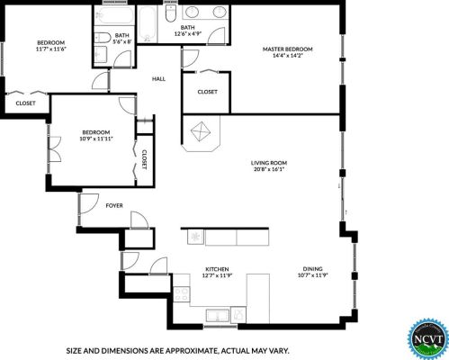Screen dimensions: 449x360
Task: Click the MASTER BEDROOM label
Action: click(x=287, y=49)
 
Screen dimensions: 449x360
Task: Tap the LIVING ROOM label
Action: click(x=269, y=163)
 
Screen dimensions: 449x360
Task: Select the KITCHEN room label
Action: click(x=217, y=269)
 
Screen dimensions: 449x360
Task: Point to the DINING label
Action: click(x=312, y=269)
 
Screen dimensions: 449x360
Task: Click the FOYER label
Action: click(x=114, y=205)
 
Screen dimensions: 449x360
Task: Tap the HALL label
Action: click(x=158, y=79)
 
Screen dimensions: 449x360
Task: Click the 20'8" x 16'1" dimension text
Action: click(x=269, y=169)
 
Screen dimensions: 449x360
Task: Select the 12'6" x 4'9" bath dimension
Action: click(x=187, y=33)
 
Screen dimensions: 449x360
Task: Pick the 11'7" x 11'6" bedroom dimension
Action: click(x=50, y=49)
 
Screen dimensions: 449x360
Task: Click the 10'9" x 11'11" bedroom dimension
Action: click(x=96, y=139)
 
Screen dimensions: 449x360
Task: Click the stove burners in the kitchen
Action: click(x=182, y=294)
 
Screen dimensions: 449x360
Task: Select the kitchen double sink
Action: click(x=218, y=316)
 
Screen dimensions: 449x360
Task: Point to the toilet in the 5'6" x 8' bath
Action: click(x=101, y=38)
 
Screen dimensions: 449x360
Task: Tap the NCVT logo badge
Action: click(x=427, y=339)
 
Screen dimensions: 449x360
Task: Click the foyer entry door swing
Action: click(x=88, y=203)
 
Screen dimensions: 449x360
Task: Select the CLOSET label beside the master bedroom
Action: click(x=208, y=92)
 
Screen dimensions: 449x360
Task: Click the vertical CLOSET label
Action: click(x=144, y=159)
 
